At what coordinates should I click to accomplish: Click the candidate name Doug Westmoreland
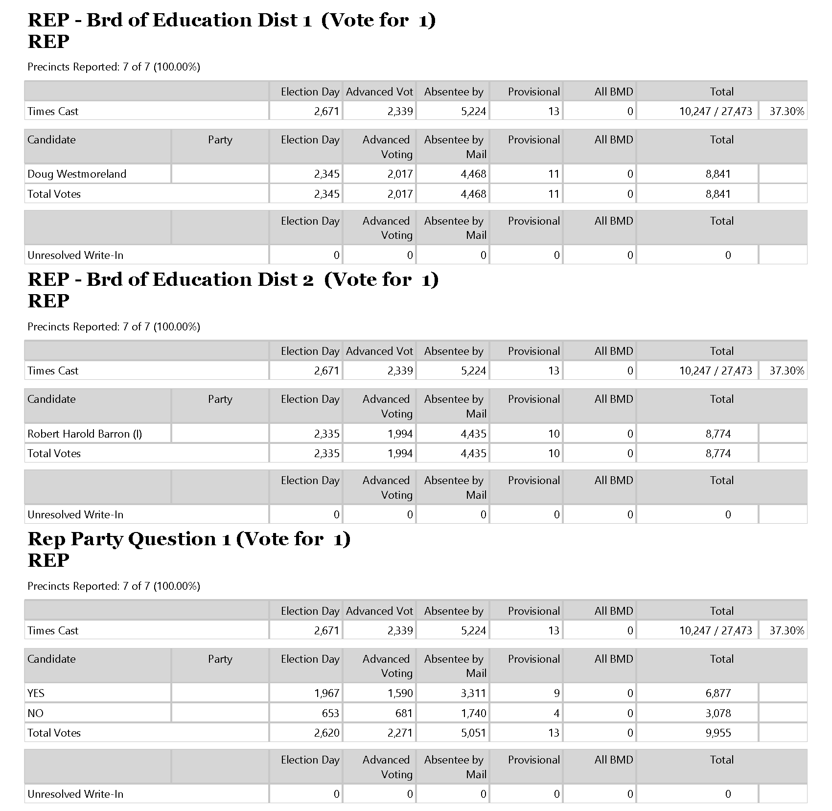(77, 174)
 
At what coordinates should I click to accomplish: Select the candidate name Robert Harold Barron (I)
(85, 434)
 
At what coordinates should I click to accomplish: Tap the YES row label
(36, 693)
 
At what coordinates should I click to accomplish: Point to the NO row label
(36, 713)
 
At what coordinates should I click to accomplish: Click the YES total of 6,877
(718, 693)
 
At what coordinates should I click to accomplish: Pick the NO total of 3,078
(718, 713)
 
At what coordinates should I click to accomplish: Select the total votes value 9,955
(718, 733)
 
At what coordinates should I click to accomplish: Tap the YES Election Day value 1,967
(326, 693)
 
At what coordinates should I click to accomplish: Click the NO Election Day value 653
(330, 713)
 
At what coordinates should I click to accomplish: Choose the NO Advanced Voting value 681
(404, 713)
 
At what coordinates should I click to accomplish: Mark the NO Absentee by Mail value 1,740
(473, 713)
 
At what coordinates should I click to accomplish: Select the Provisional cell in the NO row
(556, 713)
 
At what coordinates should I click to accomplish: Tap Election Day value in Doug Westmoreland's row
(326, 174)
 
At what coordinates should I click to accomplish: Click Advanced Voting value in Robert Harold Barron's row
(400, 434)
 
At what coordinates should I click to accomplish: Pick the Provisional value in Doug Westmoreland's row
(554, 174)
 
